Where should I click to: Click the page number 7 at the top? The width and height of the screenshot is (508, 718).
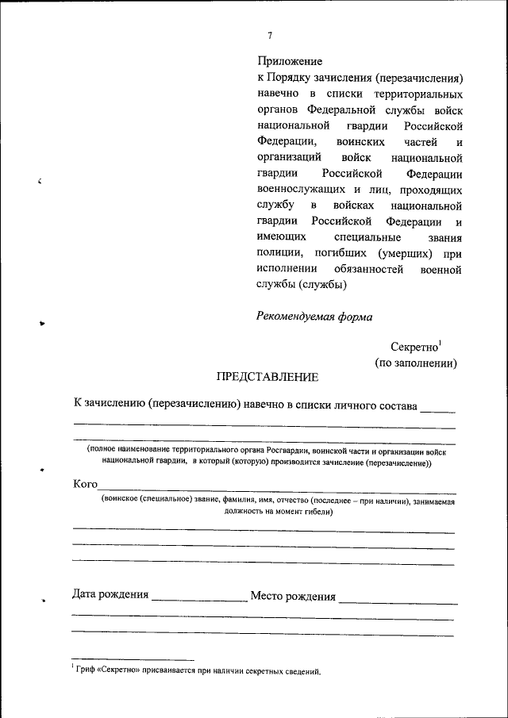[x=271, y=35]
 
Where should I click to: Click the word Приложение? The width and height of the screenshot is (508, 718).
[x=290, y=61]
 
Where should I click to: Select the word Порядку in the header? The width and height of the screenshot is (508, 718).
[x=296, y=79]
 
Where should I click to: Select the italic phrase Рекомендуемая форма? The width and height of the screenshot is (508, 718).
[x=314, y=316]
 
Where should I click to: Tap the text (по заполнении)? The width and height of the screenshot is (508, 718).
[x=415, y=363]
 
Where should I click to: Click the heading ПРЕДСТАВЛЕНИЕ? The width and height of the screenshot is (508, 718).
[x=268, y=376]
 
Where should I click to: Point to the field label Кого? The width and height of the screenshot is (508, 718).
[x=85, y=483]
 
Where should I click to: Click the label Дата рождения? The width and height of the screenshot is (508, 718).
[x=110, y=594]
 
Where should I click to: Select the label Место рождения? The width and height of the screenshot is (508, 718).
[x=293, y=596]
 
